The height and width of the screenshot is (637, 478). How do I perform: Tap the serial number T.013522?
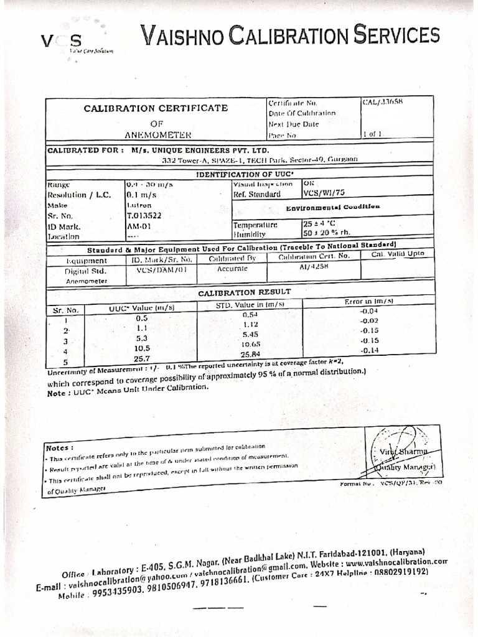coord(143,215)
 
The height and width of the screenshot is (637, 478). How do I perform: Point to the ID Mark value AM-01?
coord(136,226)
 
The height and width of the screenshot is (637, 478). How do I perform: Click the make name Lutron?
coord(138,205)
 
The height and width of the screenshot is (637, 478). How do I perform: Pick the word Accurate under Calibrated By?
coord(232,269)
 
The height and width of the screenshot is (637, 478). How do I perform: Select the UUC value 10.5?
coord(143,348)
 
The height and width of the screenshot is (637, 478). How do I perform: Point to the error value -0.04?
coord(369,310)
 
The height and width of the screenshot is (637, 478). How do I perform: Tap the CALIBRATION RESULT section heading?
coord(244,292)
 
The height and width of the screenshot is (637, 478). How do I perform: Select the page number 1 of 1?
coord(371,134)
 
